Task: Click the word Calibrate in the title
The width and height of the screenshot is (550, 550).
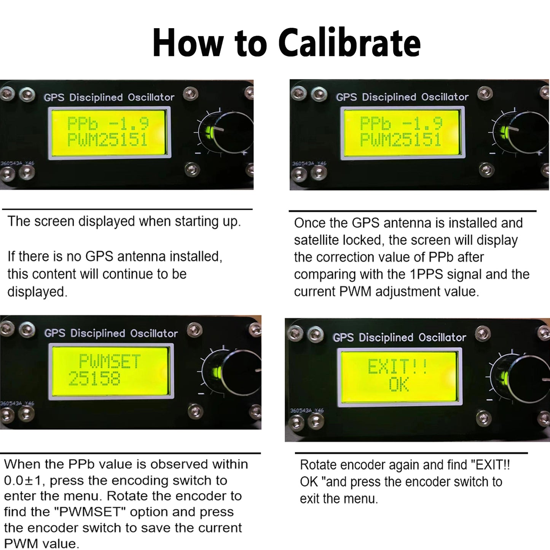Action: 349,43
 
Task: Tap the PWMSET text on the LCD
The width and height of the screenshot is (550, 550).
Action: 110,361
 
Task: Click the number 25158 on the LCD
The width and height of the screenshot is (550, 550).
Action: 94,379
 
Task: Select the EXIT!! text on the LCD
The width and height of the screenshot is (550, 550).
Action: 398,367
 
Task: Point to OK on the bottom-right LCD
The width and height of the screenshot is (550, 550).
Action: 399,384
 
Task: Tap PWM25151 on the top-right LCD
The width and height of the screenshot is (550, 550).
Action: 400,140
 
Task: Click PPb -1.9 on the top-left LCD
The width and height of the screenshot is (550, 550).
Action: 108,124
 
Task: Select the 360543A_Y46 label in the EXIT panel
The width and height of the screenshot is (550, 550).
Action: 307,410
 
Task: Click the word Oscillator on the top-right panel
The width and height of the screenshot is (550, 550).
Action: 445,97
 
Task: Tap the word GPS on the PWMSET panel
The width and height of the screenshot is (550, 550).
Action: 54,333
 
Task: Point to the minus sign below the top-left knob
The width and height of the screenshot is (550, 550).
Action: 198,153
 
